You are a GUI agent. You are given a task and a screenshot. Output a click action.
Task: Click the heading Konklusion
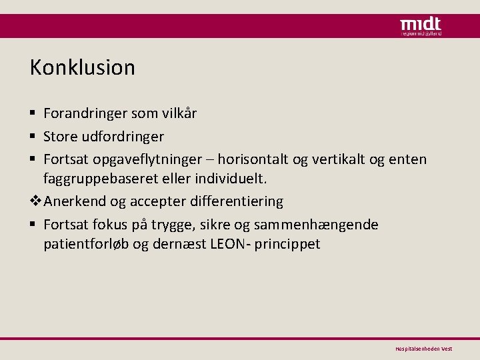[82, 67]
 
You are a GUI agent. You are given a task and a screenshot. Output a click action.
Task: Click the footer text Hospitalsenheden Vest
[424, 349]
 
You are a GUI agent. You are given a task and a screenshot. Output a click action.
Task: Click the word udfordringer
[123, 137]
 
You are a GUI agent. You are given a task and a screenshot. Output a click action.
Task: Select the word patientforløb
[87, 244]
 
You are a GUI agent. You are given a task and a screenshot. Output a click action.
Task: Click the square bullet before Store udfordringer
[33, 137]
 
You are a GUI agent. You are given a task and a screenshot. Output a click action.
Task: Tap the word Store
[61, 137]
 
